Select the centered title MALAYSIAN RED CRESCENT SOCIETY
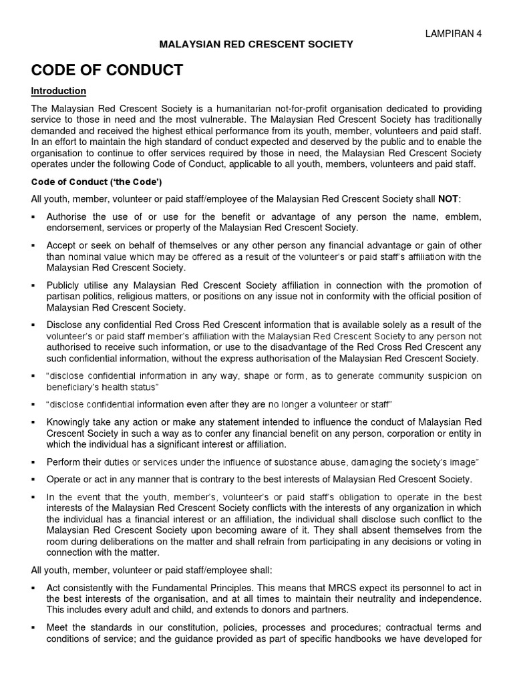pyautogui.click(x=255, y=45)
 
